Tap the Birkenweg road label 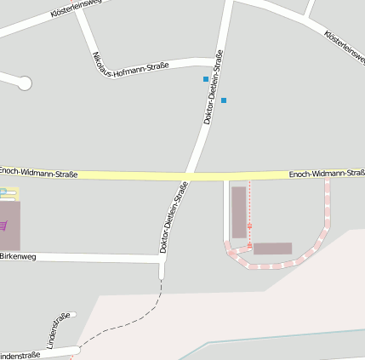pos(18,255)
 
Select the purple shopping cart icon pos(3,226)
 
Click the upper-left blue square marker pos(206,79)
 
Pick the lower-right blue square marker pos(224,100)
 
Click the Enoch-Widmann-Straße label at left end pos(39,174)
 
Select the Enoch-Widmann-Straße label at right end pos(327,174)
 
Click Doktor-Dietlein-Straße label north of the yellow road pos(214,88)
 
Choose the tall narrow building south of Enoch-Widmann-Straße pos(239,212)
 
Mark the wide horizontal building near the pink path pos(272,249)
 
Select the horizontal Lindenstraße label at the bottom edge pos(20,355)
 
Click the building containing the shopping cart pos(9,226)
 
